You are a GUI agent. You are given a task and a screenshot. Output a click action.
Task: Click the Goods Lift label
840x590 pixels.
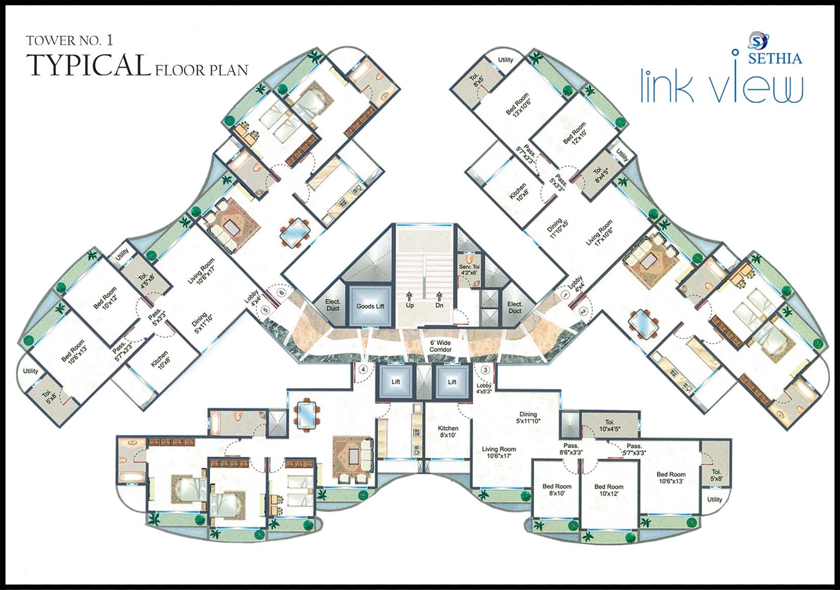coord(370,306)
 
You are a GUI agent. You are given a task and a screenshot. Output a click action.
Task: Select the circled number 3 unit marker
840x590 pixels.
coord(486,370)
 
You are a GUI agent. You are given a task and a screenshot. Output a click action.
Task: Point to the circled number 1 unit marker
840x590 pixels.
coord(565,294)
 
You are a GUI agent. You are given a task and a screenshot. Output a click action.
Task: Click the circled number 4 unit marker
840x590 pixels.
coord(363,369)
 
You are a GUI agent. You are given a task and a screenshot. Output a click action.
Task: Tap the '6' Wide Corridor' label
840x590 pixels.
coord(440,346)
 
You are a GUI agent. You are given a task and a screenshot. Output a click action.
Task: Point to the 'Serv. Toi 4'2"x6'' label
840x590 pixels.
coord(469,270)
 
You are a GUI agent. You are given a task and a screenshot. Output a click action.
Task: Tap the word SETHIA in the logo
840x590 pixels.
coord(775,59)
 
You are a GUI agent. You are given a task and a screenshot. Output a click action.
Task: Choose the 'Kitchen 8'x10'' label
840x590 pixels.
coord(448,432)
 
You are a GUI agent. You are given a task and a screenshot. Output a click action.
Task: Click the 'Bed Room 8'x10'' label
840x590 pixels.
coord(557,490)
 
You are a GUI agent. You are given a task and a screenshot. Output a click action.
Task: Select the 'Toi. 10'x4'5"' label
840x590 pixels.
coord(609,425)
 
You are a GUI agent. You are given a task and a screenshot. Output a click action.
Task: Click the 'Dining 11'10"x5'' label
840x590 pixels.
coord(556,228)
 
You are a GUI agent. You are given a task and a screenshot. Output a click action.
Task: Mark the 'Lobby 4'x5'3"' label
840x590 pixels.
coord(484,388)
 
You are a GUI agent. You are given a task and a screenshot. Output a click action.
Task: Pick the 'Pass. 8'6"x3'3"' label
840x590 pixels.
coord(571,448)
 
